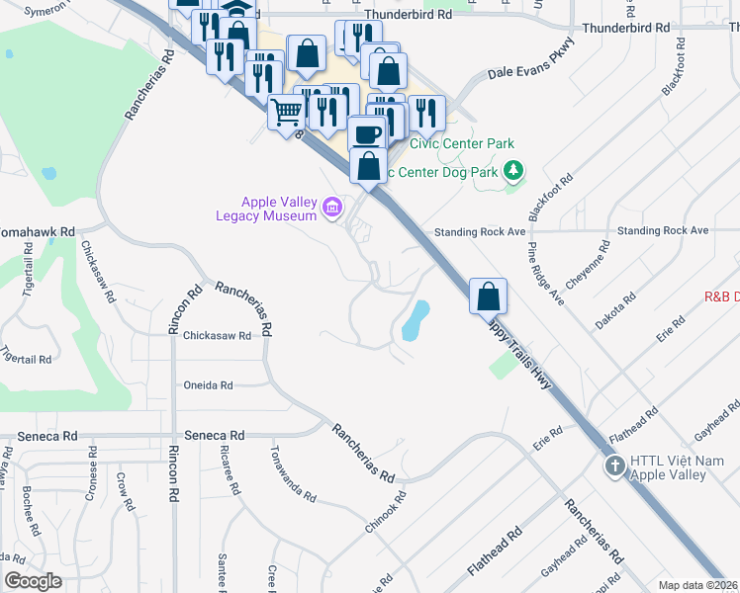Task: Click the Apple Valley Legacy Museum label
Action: pos(267,210)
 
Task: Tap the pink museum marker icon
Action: pos(332,208)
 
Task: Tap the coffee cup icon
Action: pos(366,133)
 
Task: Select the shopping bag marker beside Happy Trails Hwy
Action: pos(489,296)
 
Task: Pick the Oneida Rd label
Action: pos(208,385)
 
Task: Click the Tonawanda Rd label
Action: pos(294,473)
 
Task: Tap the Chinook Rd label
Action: pos(386,514)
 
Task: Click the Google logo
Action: pos(34,580)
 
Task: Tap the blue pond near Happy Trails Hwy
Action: pos(416,318)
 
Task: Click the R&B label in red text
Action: pos(721,296)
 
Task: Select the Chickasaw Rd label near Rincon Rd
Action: pos(217,335)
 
